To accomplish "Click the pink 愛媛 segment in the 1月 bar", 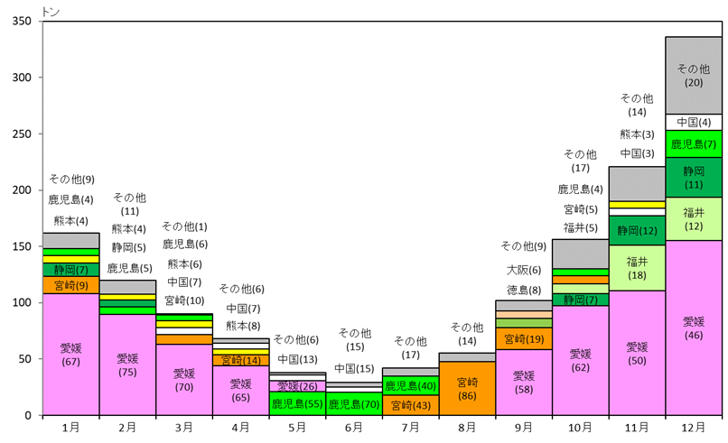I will point(70,354).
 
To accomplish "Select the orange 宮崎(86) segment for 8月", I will point(467,388).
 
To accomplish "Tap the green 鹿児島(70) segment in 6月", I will point(353,404).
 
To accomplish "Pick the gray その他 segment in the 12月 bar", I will point(693,75).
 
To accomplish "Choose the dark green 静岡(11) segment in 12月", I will point(693,177).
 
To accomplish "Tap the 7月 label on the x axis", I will point(410,428).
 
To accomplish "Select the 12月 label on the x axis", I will point(693,428).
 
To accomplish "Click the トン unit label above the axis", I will point(51,10).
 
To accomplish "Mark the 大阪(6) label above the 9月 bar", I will point(523,270).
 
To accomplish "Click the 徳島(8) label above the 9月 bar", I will point(523,290).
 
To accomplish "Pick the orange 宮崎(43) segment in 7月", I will point(410,405).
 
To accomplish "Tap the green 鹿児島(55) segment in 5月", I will point(297,404).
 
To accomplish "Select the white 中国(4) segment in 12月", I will point(693,122).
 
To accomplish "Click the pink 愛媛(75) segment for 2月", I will point(127,365).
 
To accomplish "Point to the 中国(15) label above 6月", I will point(353,368).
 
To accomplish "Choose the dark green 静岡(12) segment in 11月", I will point(637,230).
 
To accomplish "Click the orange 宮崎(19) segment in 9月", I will point(523,338).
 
